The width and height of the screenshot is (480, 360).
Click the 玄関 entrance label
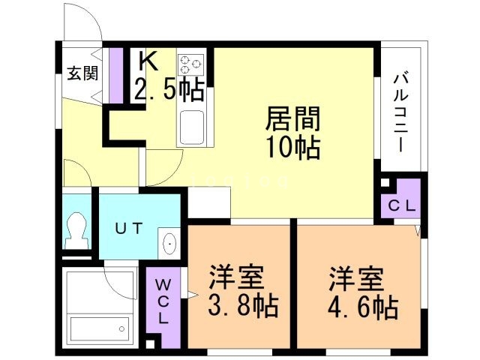(x=82, y=73)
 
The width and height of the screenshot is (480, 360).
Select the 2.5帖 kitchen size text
(x=169, y=90)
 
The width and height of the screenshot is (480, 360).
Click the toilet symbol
(x=75, y=228)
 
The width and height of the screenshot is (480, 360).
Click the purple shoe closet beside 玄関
(x=116, y=75)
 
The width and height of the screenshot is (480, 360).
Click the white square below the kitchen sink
(x=208, y=201)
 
